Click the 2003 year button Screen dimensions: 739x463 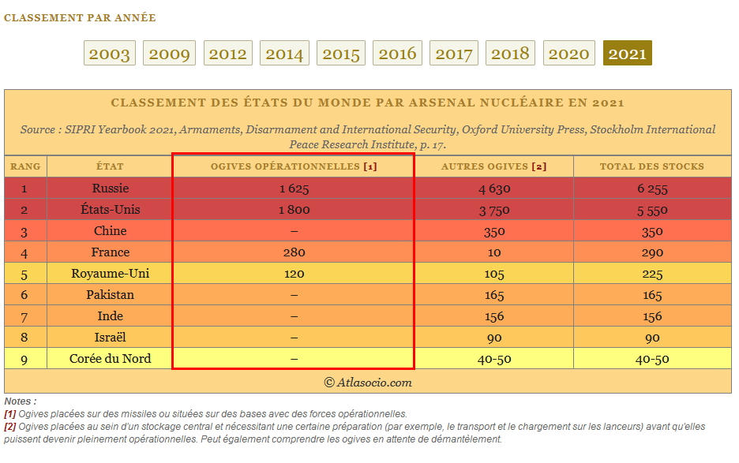109,53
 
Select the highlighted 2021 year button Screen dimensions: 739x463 628,53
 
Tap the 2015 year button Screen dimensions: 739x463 341,53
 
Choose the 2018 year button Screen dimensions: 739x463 510,53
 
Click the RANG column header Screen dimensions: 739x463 25,166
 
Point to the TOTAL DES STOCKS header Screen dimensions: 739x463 652,166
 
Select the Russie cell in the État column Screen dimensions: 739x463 111,189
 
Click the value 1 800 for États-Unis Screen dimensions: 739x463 294,210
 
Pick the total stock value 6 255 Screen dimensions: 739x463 652,189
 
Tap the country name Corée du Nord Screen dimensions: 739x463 111,359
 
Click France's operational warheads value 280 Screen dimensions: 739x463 294,252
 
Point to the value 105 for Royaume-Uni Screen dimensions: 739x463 494,274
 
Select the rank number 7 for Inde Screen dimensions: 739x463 24,317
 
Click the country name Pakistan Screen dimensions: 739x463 111,295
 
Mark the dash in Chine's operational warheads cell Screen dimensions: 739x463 294,231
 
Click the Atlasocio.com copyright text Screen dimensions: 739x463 368,383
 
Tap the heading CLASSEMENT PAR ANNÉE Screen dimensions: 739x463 80,18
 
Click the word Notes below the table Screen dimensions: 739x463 18,401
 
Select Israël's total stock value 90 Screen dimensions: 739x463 652,338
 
